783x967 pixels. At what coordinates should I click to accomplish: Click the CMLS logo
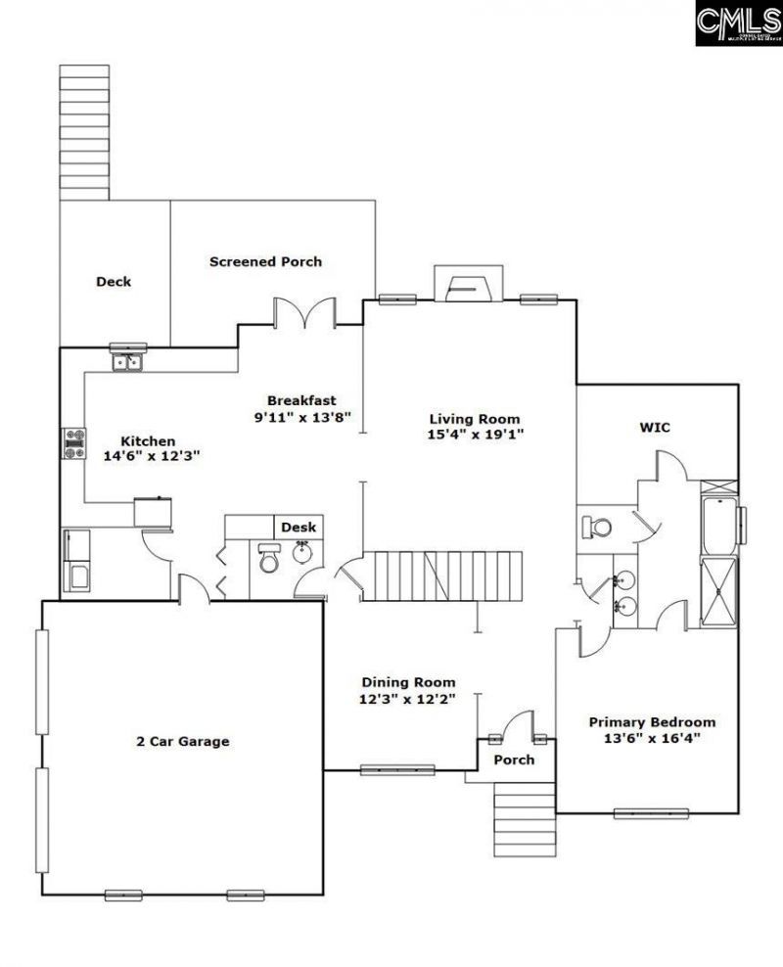click(738, 23)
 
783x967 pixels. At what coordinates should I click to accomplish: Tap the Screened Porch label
click(265, 261)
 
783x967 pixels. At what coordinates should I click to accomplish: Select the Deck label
click(114, 282)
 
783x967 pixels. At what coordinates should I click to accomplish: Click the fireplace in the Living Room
click(465, 286)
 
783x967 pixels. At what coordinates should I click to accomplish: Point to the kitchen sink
click(127, 362)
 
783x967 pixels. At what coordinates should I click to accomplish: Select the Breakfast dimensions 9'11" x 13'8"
click(301, 417)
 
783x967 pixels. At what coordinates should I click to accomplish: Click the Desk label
click(299, 528)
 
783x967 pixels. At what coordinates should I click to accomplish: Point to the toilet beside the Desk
click(267, 558)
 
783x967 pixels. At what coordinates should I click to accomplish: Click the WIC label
click(654, 427)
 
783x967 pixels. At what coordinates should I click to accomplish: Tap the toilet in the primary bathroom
click(595, 528)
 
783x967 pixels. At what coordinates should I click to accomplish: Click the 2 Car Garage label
click(182, 741)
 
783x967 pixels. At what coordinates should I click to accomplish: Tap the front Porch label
click(514, 760)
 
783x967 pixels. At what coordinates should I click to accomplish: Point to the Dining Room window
click(384, 770)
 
